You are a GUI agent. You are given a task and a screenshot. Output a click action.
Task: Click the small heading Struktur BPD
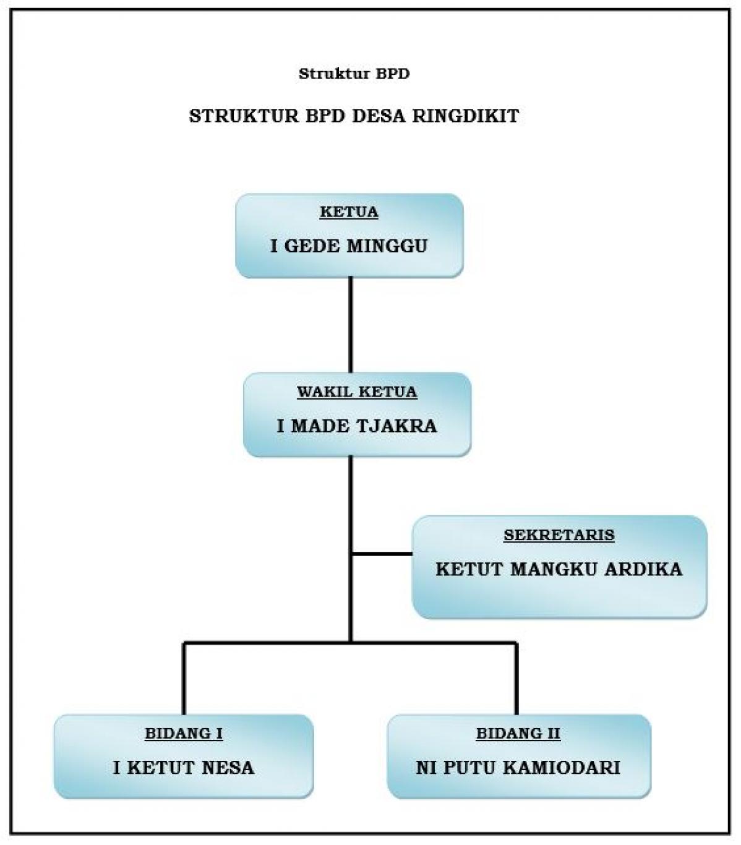tap(354, 74)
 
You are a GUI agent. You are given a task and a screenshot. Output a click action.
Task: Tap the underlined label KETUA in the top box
tap(349, 212)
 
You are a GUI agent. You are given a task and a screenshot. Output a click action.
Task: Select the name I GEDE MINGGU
tap(349, 246)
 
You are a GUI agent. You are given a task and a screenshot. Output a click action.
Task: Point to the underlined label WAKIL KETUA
tap(357, 392)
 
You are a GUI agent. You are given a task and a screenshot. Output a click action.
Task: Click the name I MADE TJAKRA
tap(357, 426)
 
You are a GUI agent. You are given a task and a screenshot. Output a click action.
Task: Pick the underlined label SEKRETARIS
tap(559, 535)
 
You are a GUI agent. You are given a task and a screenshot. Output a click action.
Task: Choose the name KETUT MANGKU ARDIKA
tap(559, 569)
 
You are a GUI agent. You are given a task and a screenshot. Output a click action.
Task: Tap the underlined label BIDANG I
tap(184, 734)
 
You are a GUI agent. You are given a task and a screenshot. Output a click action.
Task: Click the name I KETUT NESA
tap(184, 768)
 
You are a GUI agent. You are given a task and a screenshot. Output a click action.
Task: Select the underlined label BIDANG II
tap(518, 734)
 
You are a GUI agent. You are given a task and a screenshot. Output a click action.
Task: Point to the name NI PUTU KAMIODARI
tap(518, 768)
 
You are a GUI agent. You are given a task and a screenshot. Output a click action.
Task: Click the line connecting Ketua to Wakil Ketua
tap(351, 325)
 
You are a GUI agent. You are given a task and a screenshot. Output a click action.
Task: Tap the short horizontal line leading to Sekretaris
tap(382, 554)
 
